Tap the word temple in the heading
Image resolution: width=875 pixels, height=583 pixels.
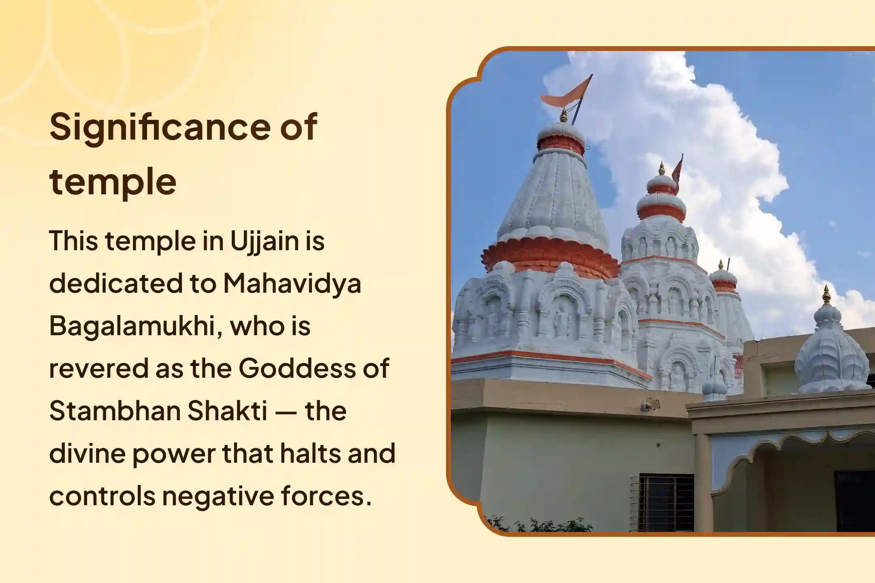tap(113, 182)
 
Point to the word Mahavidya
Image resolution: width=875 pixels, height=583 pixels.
tap(292, 283)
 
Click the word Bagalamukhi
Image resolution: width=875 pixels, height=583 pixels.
tap(136, 326)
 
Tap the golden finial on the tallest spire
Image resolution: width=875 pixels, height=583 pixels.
tap(563, 116)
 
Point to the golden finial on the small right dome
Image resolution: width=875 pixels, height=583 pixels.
tap(827, 296)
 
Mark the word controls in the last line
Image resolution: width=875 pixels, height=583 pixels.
tap(102, 496)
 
